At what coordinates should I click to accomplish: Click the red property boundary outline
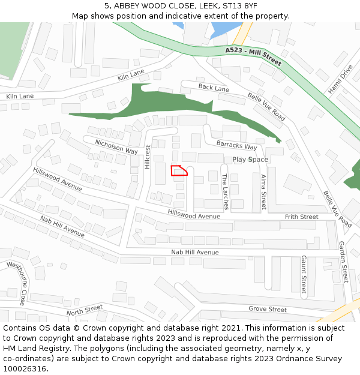179,170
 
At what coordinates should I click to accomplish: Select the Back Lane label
214,88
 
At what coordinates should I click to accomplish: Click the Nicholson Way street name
116,146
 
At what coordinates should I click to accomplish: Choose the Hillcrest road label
147,157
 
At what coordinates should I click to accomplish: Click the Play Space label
250,160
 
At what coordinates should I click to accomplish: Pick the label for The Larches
225,191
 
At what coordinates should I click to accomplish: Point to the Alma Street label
263,191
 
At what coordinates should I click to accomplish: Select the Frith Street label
301,217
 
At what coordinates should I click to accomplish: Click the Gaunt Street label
304,274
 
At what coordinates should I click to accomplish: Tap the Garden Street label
343,262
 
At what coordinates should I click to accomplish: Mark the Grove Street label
268,309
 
